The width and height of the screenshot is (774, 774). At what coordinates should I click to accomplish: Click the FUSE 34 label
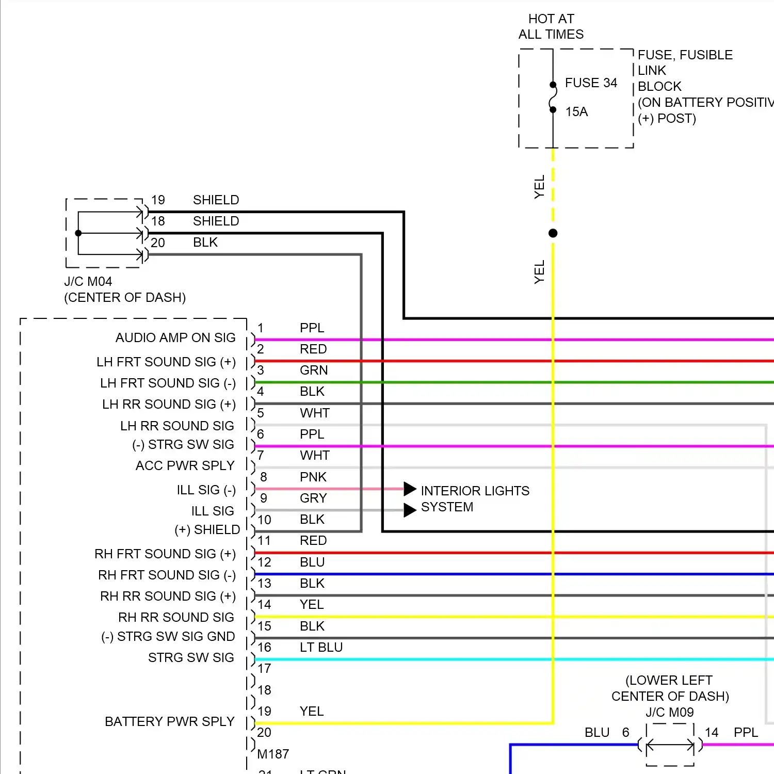(591, 83)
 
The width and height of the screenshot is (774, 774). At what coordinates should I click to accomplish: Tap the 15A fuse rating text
(576, 112)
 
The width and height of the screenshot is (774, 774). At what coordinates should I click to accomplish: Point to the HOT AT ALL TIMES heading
(551, 27)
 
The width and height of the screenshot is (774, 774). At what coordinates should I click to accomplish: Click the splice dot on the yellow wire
(553, 233)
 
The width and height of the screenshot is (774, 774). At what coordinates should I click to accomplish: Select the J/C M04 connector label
(88, 282)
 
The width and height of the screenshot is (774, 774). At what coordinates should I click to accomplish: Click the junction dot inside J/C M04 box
(78, 233)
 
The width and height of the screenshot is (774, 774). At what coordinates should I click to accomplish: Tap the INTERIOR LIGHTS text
(475, 491)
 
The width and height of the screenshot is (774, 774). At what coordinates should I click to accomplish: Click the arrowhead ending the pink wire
(410, 489)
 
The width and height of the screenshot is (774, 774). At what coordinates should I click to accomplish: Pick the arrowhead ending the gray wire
(410, 510)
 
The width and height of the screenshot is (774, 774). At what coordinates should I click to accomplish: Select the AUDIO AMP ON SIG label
(175, 338)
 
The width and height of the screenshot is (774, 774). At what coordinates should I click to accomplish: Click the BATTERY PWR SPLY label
(170, 722)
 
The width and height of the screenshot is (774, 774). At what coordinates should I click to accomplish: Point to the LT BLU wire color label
(321, 648)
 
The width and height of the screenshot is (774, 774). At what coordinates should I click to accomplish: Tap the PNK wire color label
(313, 477)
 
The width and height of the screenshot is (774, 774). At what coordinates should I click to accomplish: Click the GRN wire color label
(313, 370)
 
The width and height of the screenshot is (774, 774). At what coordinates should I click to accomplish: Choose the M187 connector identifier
(273, 754)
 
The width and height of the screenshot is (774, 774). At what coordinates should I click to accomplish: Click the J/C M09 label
(669, 713)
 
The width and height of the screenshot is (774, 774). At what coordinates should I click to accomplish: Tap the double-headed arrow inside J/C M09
(670, 745)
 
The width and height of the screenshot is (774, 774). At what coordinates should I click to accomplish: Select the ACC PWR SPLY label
(185, 466)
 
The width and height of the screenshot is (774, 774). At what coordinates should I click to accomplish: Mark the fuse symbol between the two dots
(553, 98)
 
